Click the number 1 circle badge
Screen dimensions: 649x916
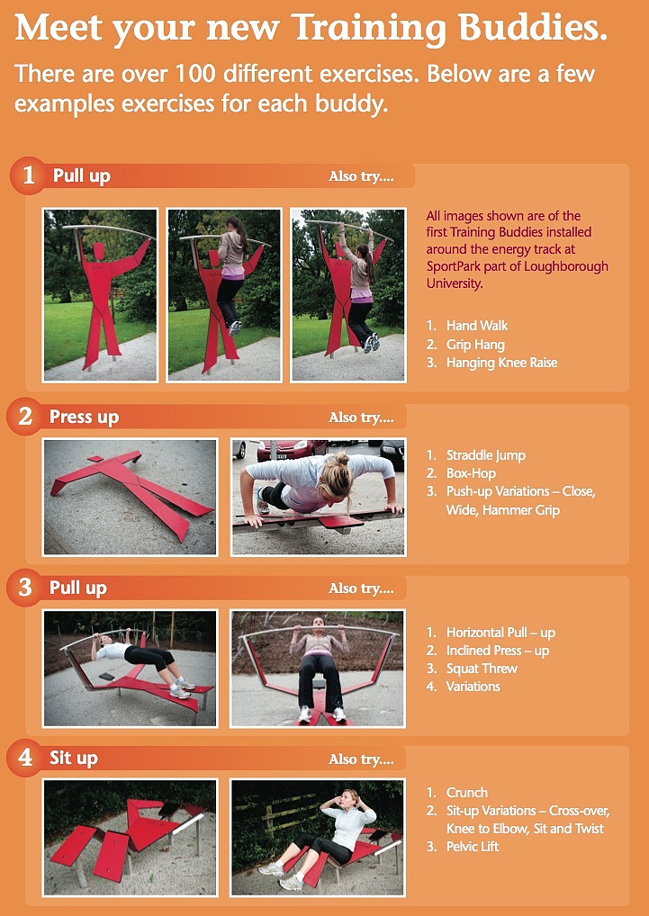click(x=28, y=175)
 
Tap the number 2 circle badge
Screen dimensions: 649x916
click(x=25, y=417)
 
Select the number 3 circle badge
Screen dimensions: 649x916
click(x=25, y=588)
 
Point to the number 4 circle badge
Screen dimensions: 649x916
click(x=25, y=759)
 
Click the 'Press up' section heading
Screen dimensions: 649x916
click(x=84, y=418)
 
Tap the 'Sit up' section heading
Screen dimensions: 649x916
click(x=73, y=759)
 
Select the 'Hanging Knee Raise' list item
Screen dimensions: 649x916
click(x=501, y=363)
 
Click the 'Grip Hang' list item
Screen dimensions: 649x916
click(x=475, y=345)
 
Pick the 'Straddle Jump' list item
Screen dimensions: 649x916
click(x=486, y=455)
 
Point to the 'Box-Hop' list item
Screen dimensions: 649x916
click(x=471, y=473)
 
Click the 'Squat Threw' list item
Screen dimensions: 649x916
click(x=482, y=669)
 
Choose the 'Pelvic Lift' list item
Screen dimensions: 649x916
click(x=473, y=847)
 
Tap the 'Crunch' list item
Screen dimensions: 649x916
click(x=467, y=793)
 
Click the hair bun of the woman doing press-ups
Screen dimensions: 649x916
click(x=342, y=458)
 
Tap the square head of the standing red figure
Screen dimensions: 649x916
click(x=97, y=251)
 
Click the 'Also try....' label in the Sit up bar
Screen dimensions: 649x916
click(x=361, y=759)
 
